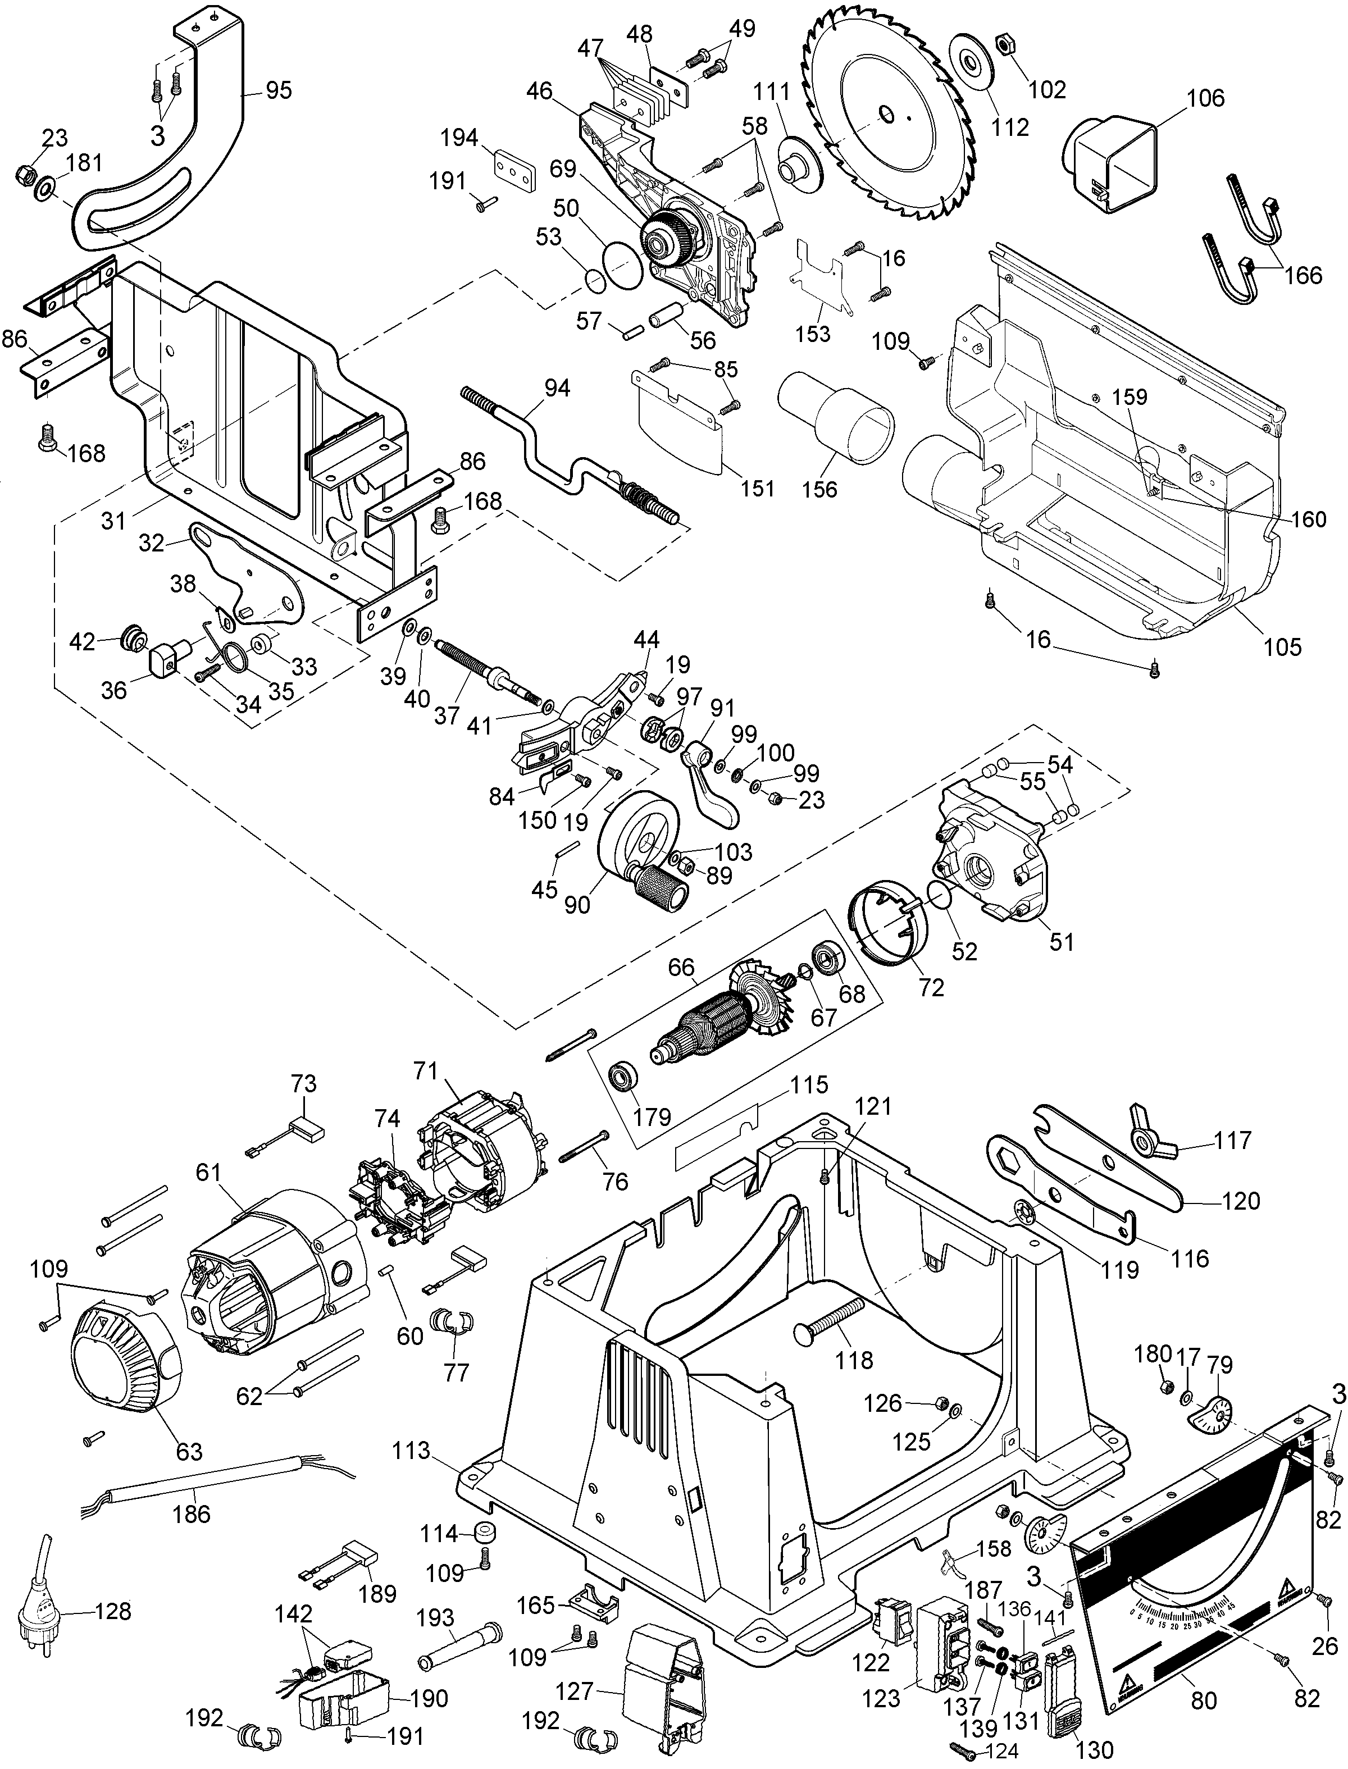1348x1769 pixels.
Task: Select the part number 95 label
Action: point(279,90)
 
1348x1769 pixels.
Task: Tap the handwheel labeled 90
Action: point(642,842)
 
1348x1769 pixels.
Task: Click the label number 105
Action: point(1281,646)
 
